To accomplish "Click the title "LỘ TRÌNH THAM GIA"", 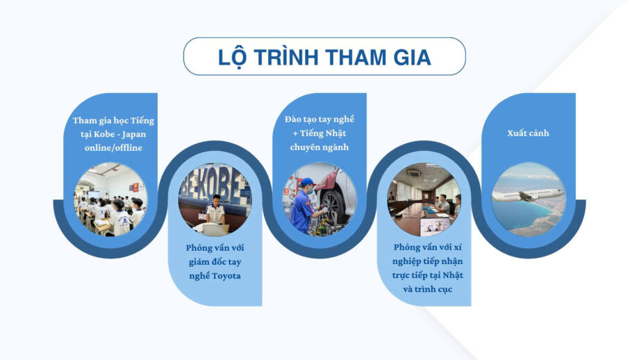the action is tap(324, 57).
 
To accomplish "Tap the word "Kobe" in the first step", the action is tap(104, 134).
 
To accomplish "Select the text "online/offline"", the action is tap(113, 147).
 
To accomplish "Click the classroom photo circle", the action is tap(110, 199).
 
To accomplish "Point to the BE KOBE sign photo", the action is tap(215, 199).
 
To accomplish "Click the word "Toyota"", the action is tap(226, 276).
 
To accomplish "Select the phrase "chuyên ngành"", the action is tap(319, 147).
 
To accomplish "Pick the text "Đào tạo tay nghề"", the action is tap(319, 120).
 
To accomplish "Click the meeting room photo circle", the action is tap(424, 199).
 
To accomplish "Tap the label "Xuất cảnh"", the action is tap(528, 133).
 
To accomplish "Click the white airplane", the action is tap(528, 195).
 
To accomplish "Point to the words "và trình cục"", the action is tap(427, 289).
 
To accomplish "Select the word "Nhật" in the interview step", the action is tap(453, 275).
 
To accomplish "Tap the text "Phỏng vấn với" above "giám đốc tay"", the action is tap(215, 248).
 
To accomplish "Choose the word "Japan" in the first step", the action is tap(133, 135).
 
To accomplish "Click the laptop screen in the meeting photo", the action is tap(435, 225).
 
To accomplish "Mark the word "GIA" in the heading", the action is tap(412, 58).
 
